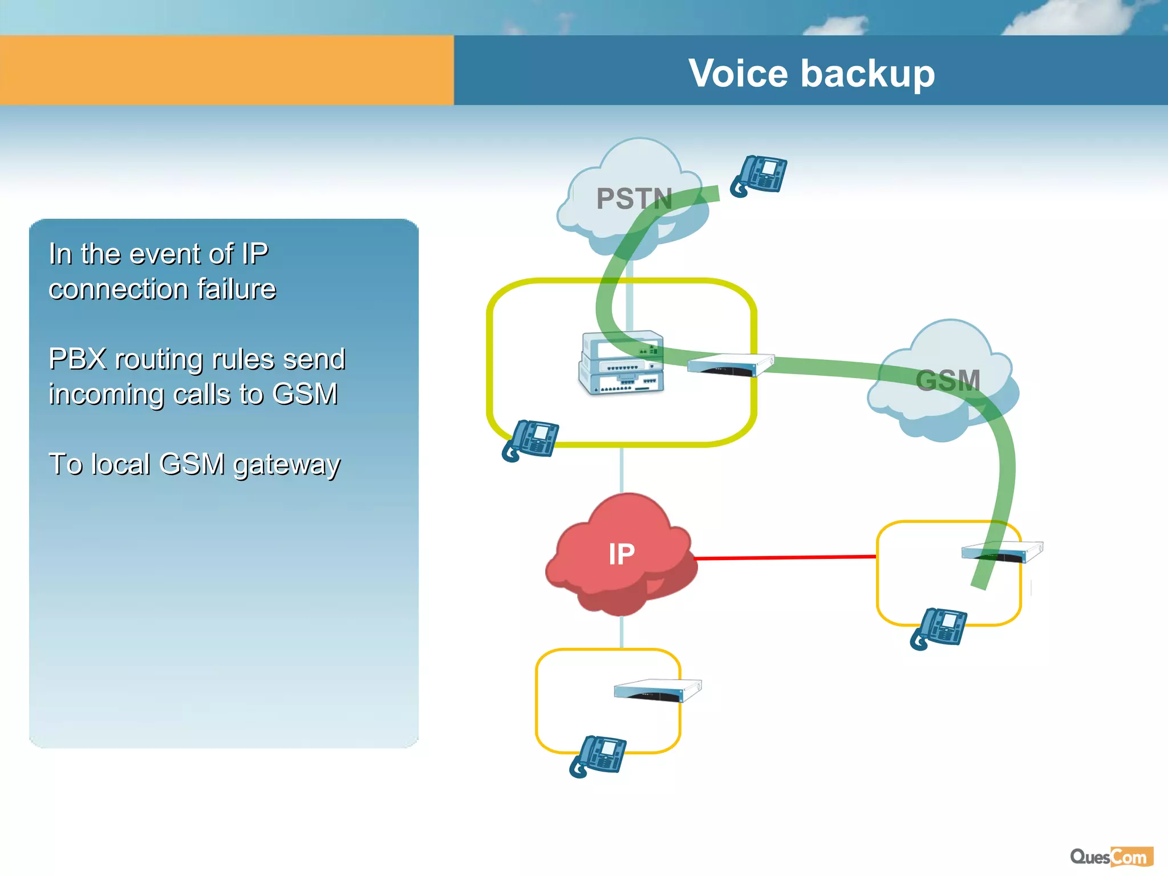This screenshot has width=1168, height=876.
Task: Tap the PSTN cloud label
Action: [634, 199]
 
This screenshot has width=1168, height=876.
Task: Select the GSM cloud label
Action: [947, 380]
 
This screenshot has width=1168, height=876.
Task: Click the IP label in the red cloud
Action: [621, 554]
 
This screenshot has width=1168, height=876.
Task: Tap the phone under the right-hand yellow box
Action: [939, 628]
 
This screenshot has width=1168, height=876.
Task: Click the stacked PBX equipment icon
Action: [622, 363]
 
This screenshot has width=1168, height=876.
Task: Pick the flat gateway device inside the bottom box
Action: [657, 690]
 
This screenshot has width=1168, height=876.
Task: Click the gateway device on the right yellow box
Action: [1002, 551]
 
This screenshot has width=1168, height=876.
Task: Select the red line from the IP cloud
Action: [787, 557]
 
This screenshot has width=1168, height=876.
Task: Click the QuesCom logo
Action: [1111, 857]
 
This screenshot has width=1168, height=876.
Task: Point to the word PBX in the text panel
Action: [78, 359]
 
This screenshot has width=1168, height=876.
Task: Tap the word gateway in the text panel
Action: [287, 465]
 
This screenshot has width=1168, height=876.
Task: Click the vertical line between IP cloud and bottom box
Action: [622, 632]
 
